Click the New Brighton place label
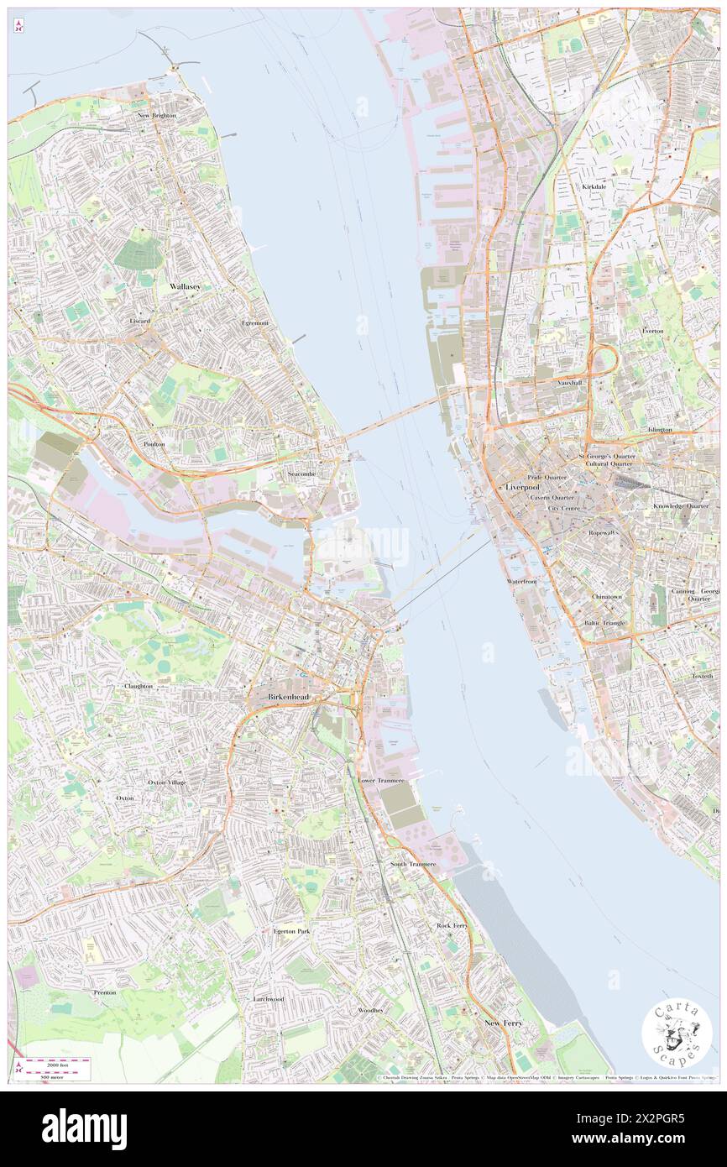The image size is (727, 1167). tap(157, 115)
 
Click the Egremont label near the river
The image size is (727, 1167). tap(254, 323)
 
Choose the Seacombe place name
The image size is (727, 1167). tap(301, 474)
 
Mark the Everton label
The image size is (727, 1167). tap(652, 331)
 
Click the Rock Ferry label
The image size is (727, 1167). tap(452, 925)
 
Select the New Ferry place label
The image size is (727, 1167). tap(503, 1023)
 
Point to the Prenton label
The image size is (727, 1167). tap(105, 992)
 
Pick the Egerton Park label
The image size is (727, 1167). tap(291, 931)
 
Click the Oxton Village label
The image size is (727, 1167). tap(167, 782)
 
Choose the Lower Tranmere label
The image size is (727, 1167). tap(381, 780)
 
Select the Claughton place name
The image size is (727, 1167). tap(139, 686)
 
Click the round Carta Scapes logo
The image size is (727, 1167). tap(677, 1034)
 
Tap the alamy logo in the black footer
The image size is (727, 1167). tap(84, 1128)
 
